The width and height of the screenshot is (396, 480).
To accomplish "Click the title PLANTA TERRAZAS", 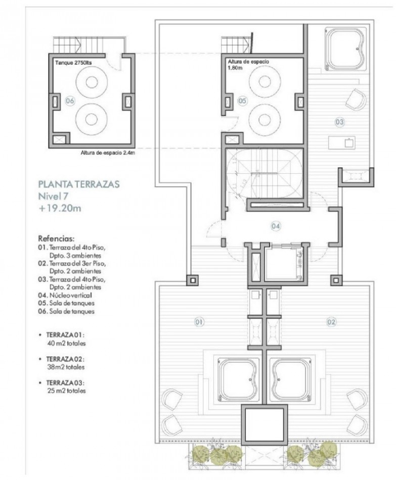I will tap(79, 184).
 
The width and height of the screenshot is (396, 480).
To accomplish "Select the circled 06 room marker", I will tap(70, 101).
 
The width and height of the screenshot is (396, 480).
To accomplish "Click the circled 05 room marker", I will tap(242, 101).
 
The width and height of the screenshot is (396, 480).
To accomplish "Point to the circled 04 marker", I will tap(276, 226).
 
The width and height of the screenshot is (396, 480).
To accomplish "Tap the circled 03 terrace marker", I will tap(339, 122).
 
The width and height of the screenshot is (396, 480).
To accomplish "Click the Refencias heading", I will tap(57, 237).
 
